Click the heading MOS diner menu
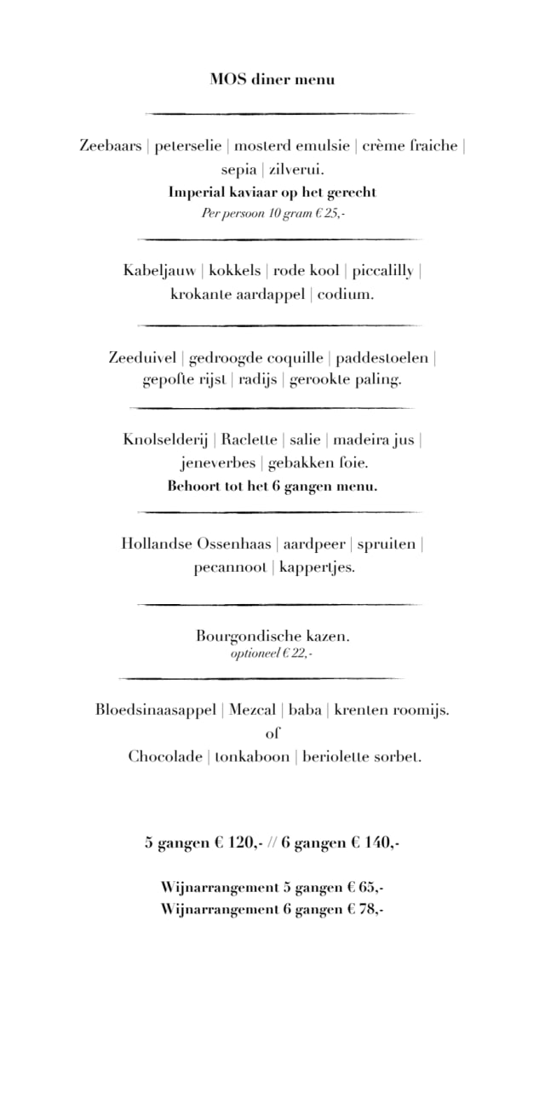(272, 79)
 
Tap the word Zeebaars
(111, 146)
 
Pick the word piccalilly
(382, 271)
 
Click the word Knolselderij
(165, 440)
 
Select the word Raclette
(250, 440)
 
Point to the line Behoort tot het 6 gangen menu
(272, 487)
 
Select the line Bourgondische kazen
(272, 636)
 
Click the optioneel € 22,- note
(272, 654)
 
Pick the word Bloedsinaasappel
(157, 710)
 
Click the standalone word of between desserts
(272, 733)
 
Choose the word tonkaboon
(252, 757)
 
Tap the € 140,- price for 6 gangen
(376, 844)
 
